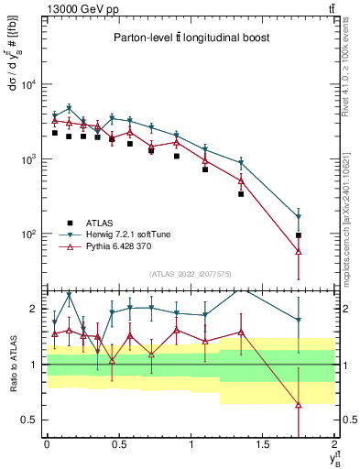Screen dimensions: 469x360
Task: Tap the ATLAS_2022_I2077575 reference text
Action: pyautogui.click(x=191, y=274)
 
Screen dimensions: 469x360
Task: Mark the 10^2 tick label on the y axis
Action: pyautogui.click(x=29, y=234)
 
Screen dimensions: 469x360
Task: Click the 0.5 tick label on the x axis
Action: pyautogui.click(x=118, y=443)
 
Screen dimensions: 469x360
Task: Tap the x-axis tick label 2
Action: pyautogui.click(x=335, y=443)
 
